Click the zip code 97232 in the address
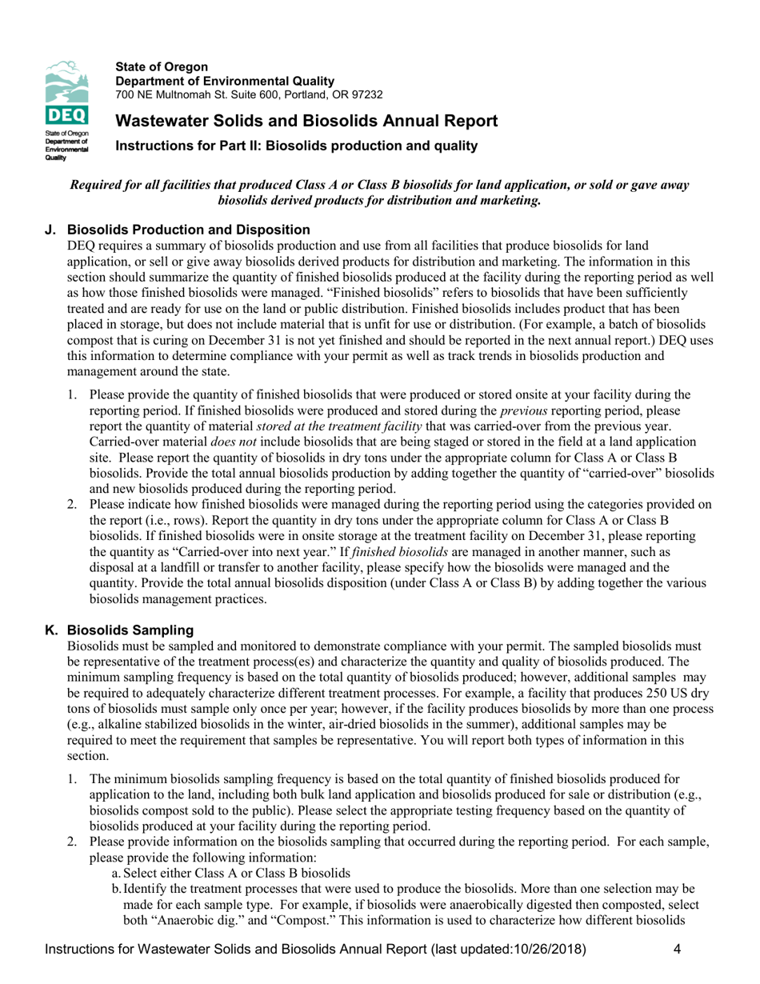[x=366, y=94]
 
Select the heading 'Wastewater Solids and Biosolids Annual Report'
[x=306, y=122]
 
